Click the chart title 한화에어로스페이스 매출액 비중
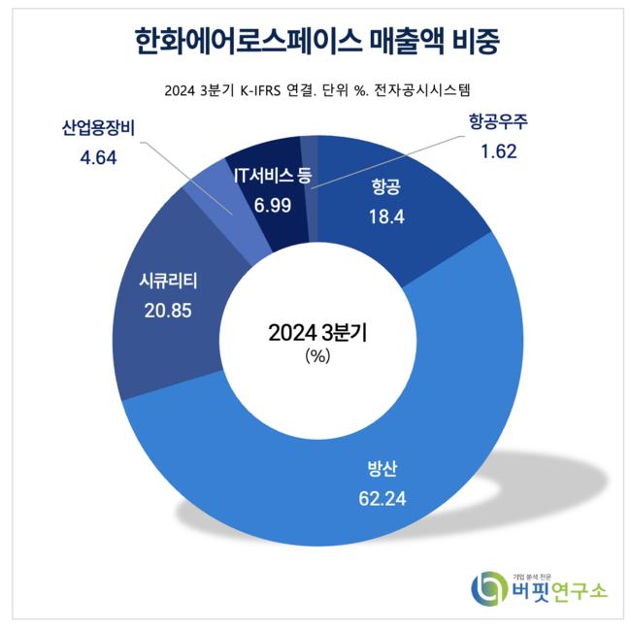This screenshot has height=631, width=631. pos(315,42)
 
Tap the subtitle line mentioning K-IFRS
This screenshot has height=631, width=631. pos(315,92)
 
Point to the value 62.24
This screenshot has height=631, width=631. pos(377,502)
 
